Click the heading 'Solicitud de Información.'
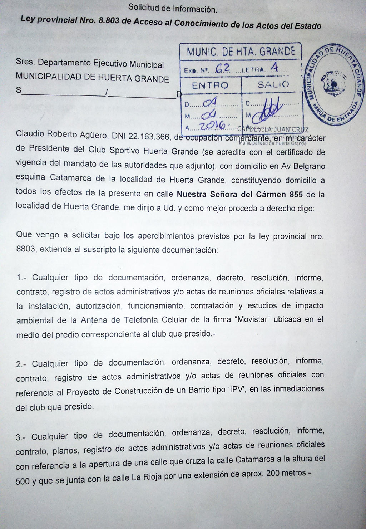click(x=173, y=8)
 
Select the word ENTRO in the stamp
click(x=210, y=85)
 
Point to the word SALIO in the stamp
click(x=273, y=85)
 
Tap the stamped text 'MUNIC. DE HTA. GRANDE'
click(x=241, y=52)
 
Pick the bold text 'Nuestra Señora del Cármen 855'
click(x=240, y=195)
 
